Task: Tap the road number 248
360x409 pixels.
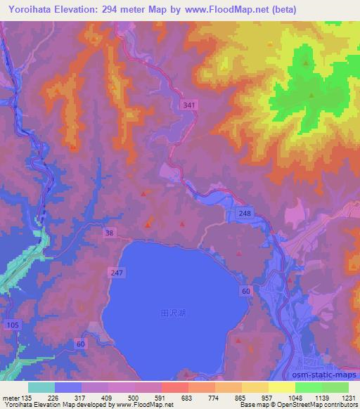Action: coord(244,212)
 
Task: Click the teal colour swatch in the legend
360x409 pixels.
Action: coord(41,387)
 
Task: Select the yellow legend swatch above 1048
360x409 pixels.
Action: coord(281,387)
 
